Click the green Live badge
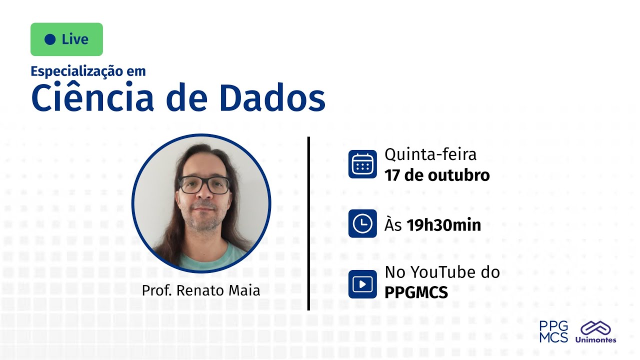click(66, 39)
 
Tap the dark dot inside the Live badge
click(50, 39)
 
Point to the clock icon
click(362, 223)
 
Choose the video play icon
click(362, 284)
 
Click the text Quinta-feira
click(430, 154)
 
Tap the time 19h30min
click(443, 225)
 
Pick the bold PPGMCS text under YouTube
click(416, 292)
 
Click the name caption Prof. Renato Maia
click(201, 290)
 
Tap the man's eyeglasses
click(204, 185)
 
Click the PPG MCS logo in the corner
click(553, 331)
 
